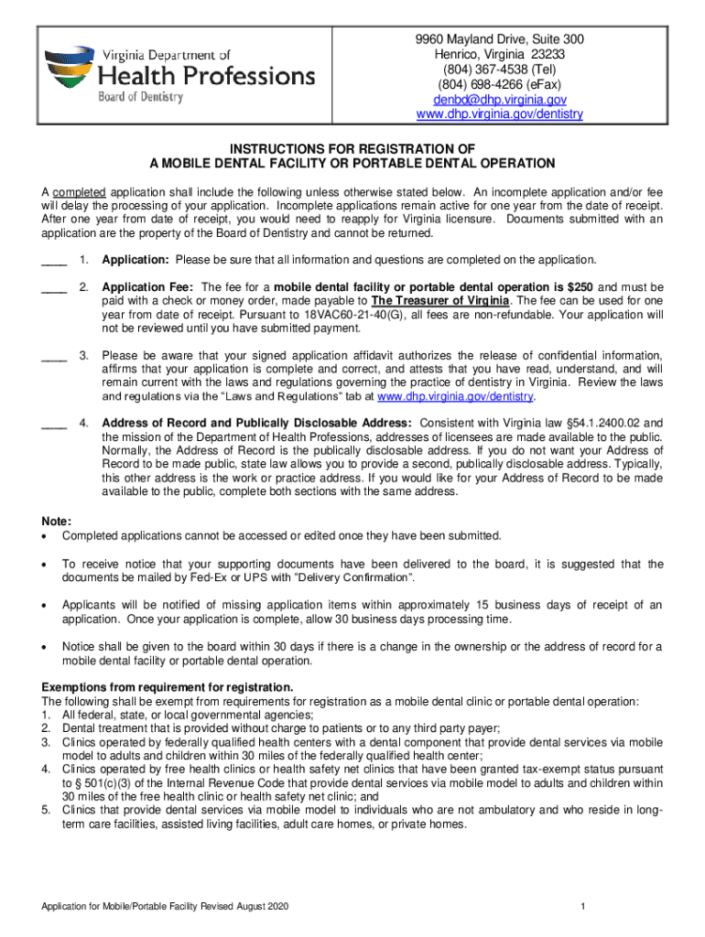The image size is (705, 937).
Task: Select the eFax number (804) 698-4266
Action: (487, 84)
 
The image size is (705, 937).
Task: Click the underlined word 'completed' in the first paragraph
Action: (81, 193)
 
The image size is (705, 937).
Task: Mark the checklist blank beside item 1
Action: (54, 260)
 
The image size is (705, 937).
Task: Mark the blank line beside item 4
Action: (54, 424)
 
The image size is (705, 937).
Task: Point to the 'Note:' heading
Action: (56, 520)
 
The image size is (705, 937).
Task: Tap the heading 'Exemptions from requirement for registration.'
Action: (168, 687)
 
